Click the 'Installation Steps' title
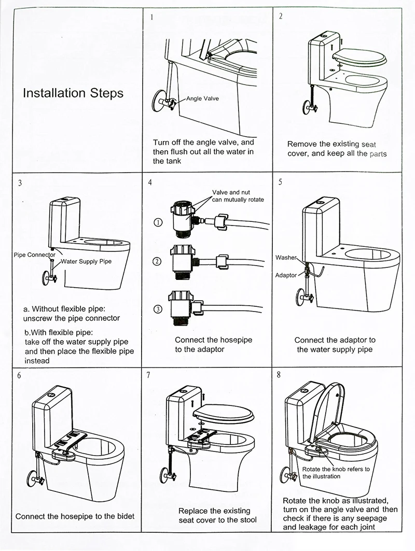[x=73, y=93]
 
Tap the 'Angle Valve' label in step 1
[x=202, y=98]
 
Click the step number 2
[x=281, y=16]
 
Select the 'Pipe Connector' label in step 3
[x=34, y=255]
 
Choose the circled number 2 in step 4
[x=157, y=261]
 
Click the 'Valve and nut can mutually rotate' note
[x=238, y=196]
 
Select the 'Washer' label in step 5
[x=286, y=258]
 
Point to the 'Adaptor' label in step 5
[x=286, y=275]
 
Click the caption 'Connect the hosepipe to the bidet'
[x=75, y=516]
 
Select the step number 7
[x=149, y=375]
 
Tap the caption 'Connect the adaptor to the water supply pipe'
[x=335, y=345]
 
